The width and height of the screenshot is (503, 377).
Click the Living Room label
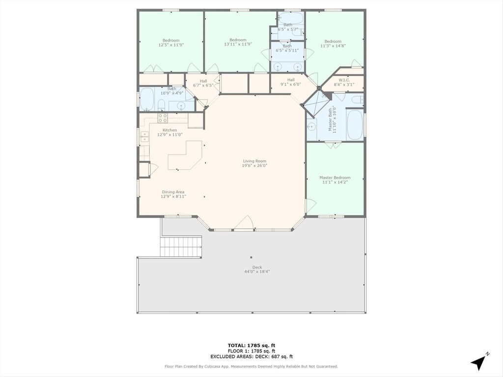click(x=254, y=161)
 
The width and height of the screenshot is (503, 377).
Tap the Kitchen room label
click(x=169, y=130)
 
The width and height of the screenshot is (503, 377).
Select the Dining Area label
click(x=173, y=192)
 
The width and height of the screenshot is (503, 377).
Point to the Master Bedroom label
click(x=335, y=178)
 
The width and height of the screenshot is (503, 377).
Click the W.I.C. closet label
click(x=344, y=80)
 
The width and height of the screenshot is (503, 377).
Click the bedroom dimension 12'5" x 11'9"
click(x=171, y=45)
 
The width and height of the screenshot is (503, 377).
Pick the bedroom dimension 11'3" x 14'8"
click(x=333, y=46)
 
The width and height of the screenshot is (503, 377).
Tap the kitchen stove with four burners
click(x=163, y=118)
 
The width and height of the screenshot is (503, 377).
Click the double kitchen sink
click(x=145, y=136)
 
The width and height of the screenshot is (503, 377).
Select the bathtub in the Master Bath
click(x=355, y=125)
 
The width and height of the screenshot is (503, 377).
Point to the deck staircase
click(x=181, y=246)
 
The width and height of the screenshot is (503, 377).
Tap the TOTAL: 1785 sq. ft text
click(x=251, y=346)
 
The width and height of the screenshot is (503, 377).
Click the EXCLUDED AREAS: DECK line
click(x=251, y=356)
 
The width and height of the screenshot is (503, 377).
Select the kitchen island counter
click(x=185, y=155)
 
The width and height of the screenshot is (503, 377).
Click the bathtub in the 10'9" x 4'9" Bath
click(x=147, y=99)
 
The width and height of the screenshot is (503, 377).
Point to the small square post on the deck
click(x=251, y=257)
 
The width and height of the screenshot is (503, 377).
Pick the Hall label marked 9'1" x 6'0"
click(x=291, y=82)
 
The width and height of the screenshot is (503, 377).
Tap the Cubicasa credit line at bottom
click(x=251, y=366)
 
